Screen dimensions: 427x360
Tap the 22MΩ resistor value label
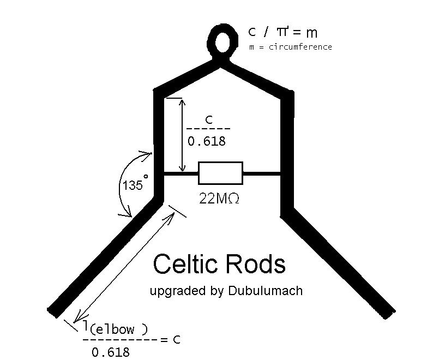point(219,199)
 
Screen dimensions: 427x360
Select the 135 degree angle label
point(135,183)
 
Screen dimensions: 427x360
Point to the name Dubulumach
point(265,291)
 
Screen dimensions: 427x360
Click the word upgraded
point(178,291)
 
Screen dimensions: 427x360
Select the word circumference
point(300,47)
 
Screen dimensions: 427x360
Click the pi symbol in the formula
point(282,32)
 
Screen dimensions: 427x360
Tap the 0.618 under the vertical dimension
point(207,141)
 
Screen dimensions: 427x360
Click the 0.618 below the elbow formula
point(111,352)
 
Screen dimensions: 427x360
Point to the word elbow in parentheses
point(115,330)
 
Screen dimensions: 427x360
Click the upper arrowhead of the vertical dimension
point(182,102)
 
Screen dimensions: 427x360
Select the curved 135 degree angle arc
point(120,185)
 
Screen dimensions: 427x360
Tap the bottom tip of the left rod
point(52,314)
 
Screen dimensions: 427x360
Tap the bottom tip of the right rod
point(390,315)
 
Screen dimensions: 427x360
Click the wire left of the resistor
point(181,173)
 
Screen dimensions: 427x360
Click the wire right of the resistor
point(262,173)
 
